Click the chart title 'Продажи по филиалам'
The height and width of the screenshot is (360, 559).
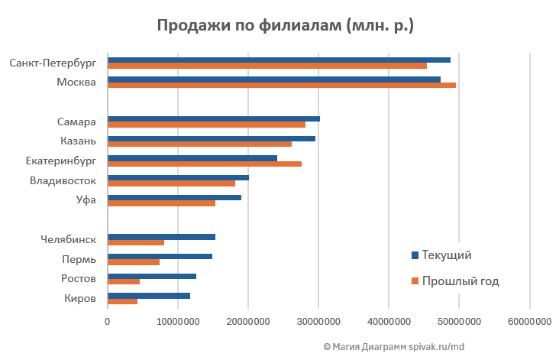(x=285, y=25)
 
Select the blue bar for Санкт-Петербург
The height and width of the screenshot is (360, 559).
(x=279, y=60)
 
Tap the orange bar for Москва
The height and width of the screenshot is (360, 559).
(x=282, y=85)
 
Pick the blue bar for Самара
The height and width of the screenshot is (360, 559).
(x=214, y=118)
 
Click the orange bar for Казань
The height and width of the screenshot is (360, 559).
(x=199, y=144)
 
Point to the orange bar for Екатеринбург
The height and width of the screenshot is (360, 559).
(x=205, y=164)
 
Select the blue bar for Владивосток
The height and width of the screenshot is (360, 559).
(x=178, y=177)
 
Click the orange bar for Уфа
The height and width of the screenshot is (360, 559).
(x=161, y=203)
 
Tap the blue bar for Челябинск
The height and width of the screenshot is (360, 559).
(x=161, y=237)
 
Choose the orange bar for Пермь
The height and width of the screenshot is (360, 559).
(x=134, y=262)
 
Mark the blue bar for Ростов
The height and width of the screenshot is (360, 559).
(x=152, y=276)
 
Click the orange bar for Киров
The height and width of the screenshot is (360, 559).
(x=122, y=301)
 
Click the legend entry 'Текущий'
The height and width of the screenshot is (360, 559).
(x=447, y=255)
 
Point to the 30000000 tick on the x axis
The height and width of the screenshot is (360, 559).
(x=318, y=323)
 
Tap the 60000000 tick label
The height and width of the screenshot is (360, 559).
(x=529, y=323)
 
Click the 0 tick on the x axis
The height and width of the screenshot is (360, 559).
(x=108, y=323)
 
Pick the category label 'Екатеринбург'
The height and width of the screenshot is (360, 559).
(x=60, y=161)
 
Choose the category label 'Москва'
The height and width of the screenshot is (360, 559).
(x=76, y=82)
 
